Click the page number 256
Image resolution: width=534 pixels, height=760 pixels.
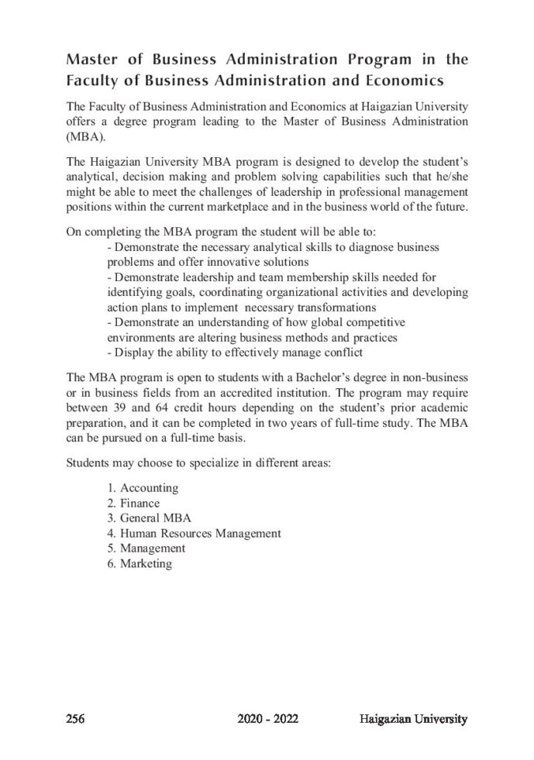click(75, 720)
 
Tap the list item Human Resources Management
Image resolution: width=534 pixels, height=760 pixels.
click(200, 533)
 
